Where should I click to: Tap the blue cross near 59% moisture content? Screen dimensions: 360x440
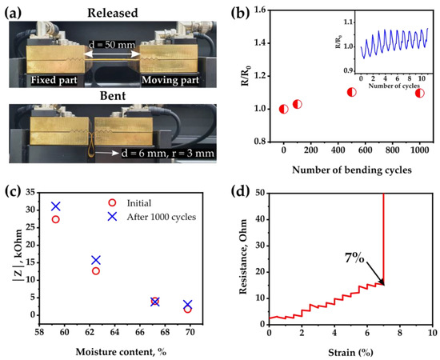click(x=55, y=206)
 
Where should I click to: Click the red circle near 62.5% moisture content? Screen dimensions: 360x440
click(x=96, y=271)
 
